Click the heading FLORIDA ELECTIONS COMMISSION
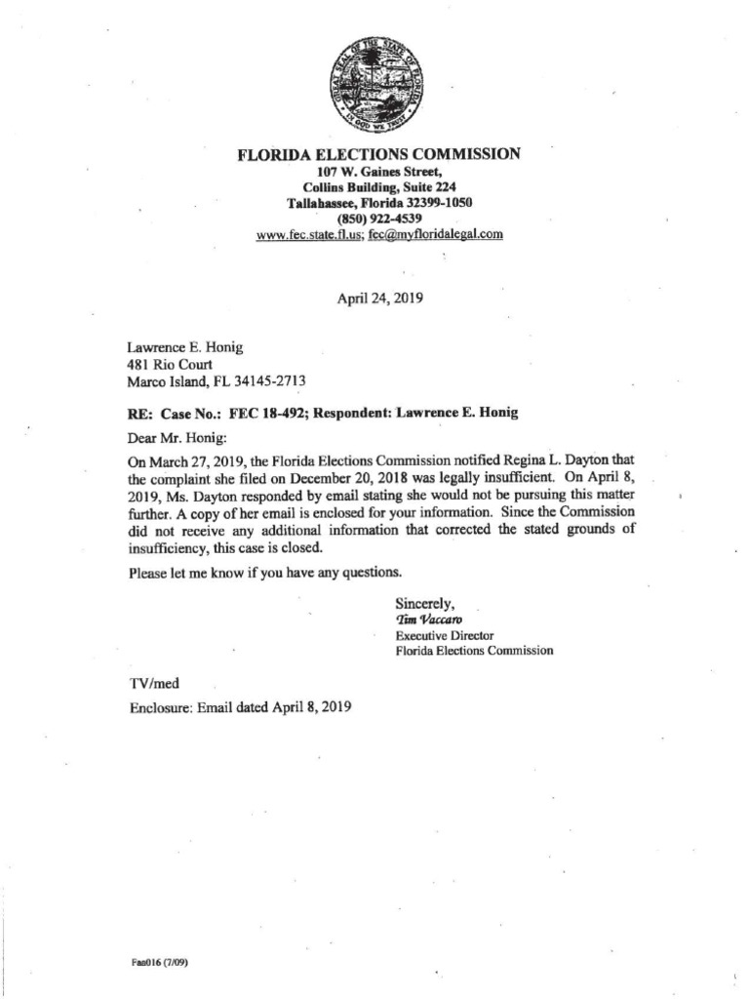379,154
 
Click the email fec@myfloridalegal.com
436,235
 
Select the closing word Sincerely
426,601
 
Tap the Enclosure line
240,707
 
